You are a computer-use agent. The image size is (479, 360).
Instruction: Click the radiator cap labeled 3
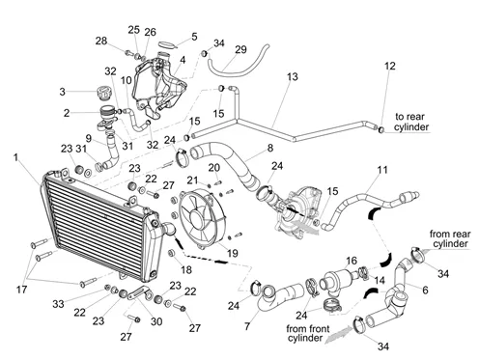103,93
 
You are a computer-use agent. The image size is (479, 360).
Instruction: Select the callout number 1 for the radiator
16,157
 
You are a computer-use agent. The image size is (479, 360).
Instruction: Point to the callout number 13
293,77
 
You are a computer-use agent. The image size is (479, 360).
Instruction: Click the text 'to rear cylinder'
411,122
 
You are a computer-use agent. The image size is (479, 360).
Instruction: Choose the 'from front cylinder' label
307,334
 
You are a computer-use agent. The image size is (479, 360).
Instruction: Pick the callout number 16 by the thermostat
352,261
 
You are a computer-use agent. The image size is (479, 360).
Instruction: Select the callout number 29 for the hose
240,49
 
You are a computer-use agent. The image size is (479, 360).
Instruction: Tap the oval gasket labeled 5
168,44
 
